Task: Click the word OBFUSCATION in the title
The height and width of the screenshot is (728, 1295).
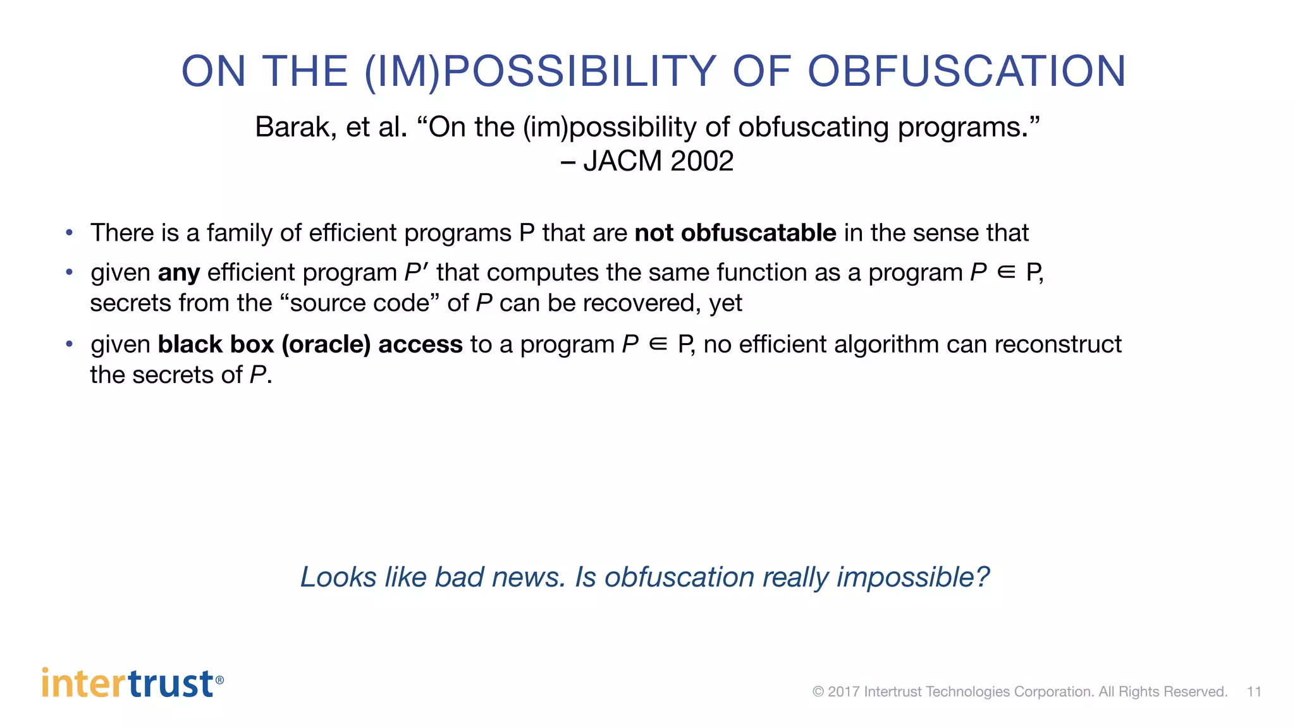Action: (x=967, y=71)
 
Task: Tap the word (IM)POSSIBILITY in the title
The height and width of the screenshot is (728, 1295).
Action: (x=541, y=71)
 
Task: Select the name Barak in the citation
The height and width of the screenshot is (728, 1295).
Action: (x=295, y=127)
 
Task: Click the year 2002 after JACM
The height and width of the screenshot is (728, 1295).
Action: (x=702, y=161)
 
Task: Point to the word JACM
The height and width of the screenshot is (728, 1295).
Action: (x=622, y=161)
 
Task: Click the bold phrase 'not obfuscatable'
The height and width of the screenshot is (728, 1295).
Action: (x=735, y=233)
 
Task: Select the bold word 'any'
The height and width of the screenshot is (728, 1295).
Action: (x=179, y=273)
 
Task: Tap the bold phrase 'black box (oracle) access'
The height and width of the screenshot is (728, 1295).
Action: (x=310, y=344)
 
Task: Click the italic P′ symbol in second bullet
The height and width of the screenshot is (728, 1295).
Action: (x=416, y=272)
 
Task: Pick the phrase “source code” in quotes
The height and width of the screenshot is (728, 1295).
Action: (x=359, y=303)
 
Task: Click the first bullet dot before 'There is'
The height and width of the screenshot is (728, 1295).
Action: (x=70, y=233)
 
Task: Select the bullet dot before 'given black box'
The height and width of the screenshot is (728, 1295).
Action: (x=70, y=344)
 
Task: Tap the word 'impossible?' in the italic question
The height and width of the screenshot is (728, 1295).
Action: (x=912, y=577)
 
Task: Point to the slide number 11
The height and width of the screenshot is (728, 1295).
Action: (x=1253, y=691)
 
